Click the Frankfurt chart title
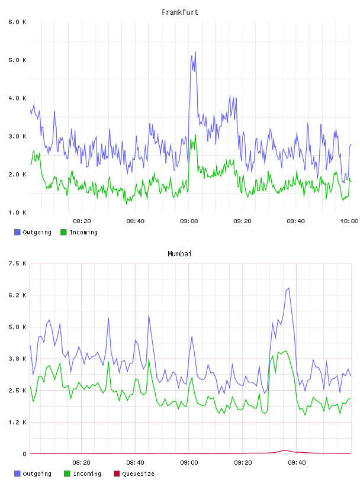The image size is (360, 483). [180, 12]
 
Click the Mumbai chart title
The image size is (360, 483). [179, 254]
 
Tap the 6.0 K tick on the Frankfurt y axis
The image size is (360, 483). [17, 22]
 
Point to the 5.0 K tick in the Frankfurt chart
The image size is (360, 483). [17, 60]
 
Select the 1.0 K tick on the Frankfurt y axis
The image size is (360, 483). [17, 212]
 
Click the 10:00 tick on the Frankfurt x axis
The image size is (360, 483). [349, 221]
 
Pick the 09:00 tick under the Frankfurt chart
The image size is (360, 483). [189, 221]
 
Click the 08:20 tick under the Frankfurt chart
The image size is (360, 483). [82, 221]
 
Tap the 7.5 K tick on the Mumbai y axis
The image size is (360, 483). [17, 263]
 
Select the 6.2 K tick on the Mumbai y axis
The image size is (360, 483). [17, 295]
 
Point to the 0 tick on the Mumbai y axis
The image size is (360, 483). [24, 454]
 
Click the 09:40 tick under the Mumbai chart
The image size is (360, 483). [297, 463]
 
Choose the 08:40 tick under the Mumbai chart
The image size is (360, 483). [136, 463]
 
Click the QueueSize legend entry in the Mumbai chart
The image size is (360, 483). [134, 474]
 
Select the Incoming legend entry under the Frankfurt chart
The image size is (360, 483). [79, 232]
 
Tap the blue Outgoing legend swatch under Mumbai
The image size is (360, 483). [17, 474]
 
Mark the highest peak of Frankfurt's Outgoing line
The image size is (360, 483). [195, 52]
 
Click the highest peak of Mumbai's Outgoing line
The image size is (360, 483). [288, 288]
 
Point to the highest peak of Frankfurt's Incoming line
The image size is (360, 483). [195, 134]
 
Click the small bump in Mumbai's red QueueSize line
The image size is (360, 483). [285, 450]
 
